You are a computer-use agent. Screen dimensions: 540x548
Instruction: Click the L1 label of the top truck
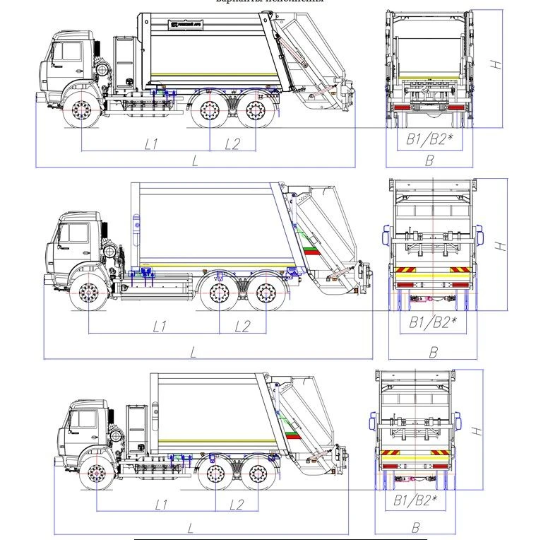pyautogui.click(x=150, y=144)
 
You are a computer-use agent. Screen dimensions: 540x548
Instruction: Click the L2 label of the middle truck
pyautogui.click(x=242, y=326)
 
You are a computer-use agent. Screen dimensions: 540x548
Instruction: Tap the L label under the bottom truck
pyautogui.click(x=191, y=527)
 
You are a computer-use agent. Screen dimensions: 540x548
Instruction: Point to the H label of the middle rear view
pyautogui.click(x=500, y=246)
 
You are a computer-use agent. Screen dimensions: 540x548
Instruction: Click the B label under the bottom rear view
pyautogui.click(x=416, y=527)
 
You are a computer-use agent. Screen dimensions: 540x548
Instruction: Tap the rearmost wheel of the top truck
pyautogui.click(x=256, y=112)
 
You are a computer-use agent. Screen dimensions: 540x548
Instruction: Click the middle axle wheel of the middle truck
pyautogui.click(x=218, y=293)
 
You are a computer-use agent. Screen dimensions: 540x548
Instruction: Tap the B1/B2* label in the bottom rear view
pyautogui.click(x=415, y=501)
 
